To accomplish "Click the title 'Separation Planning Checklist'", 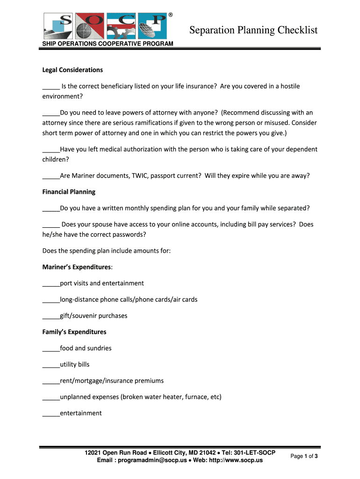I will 253,30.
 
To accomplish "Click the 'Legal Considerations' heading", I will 72,70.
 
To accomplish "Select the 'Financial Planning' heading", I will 69,192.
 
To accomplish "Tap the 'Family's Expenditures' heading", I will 74,332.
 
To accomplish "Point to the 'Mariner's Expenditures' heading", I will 77,267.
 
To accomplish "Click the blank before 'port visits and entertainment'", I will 51,284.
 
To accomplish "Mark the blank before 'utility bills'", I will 51,365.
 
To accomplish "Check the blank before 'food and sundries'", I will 51,349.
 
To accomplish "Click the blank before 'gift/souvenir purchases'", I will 51,316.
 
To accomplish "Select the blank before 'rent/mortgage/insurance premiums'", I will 51,381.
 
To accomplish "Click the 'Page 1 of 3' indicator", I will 304,456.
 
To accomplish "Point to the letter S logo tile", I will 58,26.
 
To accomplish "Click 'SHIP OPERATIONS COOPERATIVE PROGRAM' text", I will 108,44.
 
